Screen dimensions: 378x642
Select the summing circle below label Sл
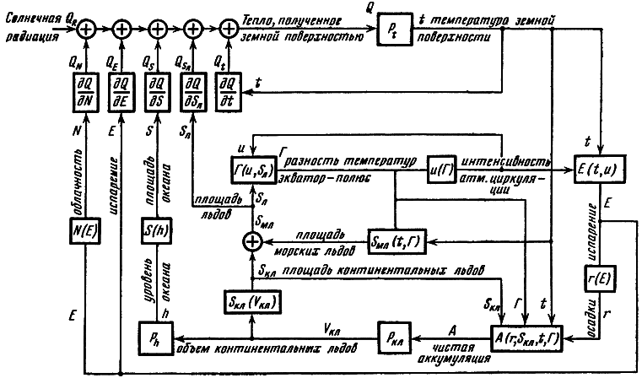click(x=251, y=244)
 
